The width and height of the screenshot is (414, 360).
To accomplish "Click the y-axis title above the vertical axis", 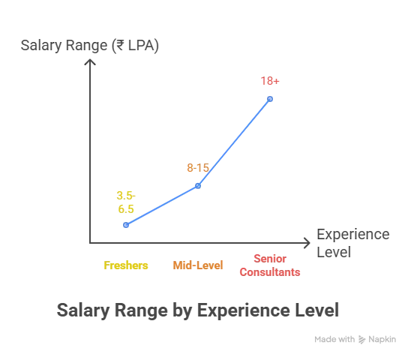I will tap(90, 46).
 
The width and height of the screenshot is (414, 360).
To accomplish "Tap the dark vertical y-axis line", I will tap(88, 150).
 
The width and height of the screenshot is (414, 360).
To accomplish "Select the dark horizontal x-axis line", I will tap(195, 242).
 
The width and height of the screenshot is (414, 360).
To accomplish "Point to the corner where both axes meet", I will tap(88, 242).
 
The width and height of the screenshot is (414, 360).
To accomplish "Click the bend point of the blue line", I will tap(199, 186).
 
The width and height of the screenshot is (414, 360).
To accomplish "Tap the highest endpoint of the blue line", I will tap(272, 96).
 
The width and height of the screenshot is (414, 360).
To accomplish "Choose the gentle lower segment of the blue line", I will tap(161, 206).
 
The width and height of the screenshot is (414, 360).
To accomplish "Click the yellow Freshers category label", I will tap(125, 265).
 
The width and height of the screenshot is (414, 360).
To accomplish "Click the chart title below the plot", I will tap(197, 308).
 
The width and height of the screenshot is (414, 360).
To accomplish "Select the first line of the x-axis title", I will tap(349, 235).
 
